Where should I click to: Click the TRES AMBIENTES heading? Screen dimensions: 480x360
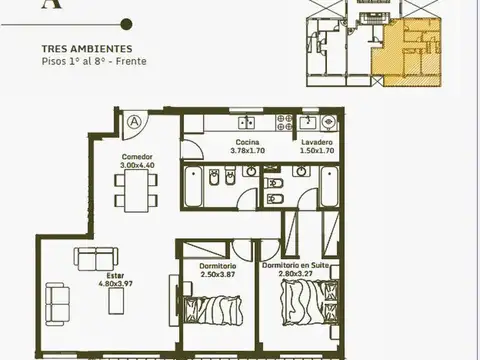[87, 49]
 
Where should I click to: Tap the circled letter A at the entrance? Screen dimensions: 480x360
[134, 121]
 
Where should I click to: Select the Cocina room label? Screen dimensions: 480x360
[247, 142]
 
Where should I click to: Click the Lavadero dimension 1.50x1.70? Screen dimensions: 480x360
[317, 151]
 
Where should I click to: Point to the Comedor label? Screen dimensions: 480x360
[137, 157]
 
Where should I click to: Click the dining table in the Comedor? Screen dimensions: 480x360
[136, 190]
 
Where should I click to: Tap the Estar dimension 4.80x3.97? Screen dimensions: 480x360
[116, 284]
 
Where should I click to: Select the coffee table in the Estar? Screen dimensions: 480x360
[116, 301]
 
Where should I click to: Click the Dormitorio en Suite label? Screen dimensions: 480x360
[295, 266]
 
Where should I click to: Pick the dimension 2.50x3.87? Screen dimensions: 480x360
[218, 274]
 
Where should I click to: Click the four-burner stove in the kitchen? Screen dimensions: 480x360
[284, 122]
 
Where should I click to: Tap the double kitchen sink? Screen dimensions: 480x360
[247, 123]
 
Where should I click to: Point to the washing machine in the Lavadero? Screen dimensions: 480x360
[329, 122]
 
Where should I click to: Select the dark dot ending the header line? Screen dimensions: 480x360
[126, 24]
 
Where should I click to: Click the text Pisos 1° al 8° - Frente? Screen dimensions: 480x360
[94, 61]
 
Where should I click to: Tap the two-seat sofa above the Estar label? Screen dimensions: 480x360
[96, 259]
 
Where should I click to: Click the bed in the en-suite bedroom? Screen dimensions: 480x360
[310, 303]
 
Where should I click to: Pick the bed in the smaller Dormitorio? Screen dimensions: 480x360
[213, 310]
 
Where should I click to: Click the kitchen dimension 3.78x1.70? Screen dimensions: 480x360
[248, 151]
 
